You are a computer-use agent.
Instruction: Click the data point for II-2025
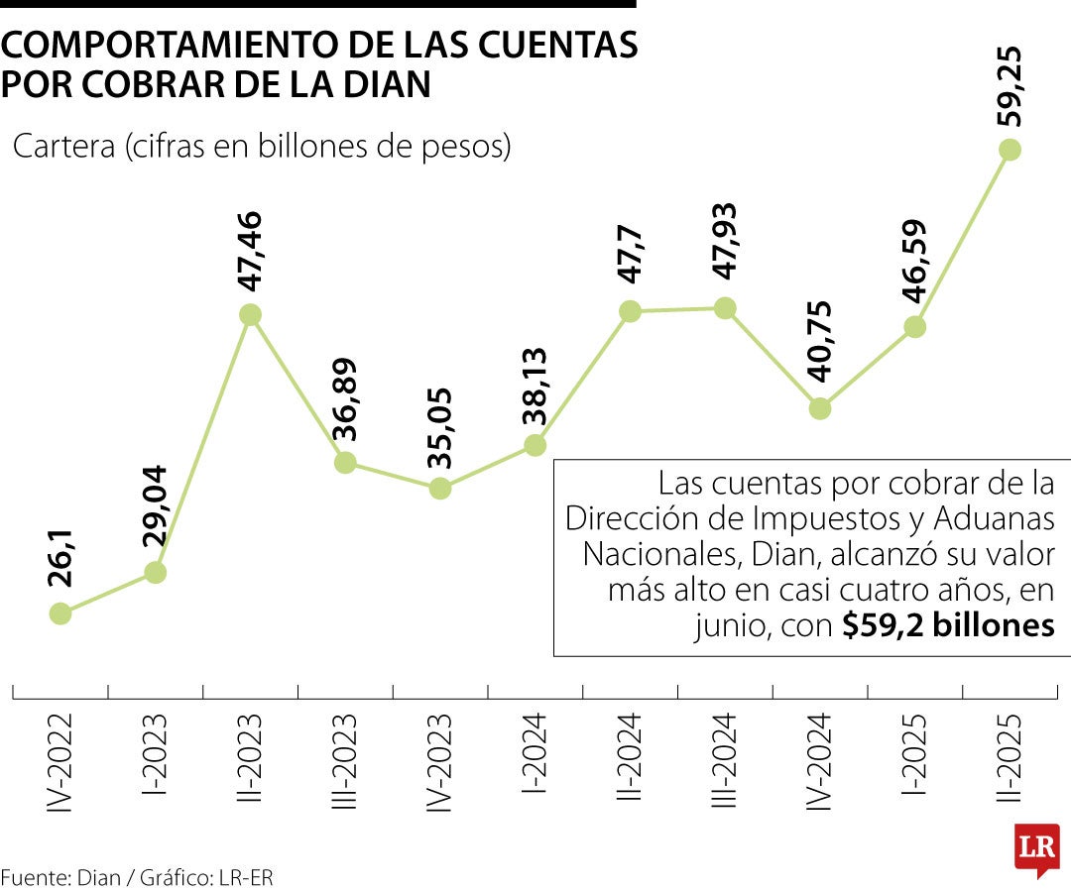(1010, 150)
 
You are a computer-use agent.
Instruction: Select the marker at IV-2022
(60, 613)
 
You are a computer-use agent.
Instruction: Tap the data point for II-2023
(251, 314)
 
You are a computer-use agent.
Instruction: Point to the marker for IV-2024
(819, 408)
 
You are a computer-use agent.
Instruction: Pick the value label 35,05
(439, 426)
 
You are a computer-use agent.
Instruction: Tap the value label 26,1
(60, 559)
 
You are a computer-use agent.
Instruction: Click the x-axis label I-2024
(535, 753)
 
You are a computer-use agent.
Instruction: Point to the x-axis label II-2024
(630, 755)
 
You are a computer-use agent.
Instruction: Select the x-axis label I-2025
(914, 753)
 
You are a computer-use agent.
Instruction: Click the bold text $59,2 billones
(947, 626)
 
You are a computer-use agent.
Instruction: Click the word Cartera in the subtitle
(62, 147)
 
